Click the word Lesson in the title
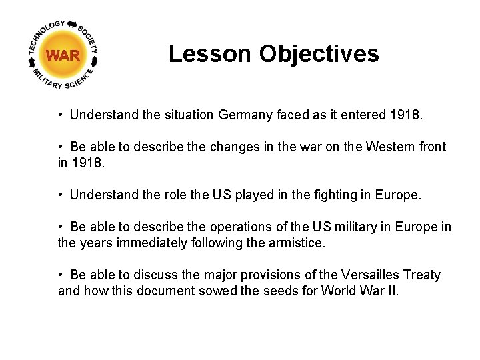[x=211, y=54]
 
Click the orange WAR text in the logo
[x=63, y=56]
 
